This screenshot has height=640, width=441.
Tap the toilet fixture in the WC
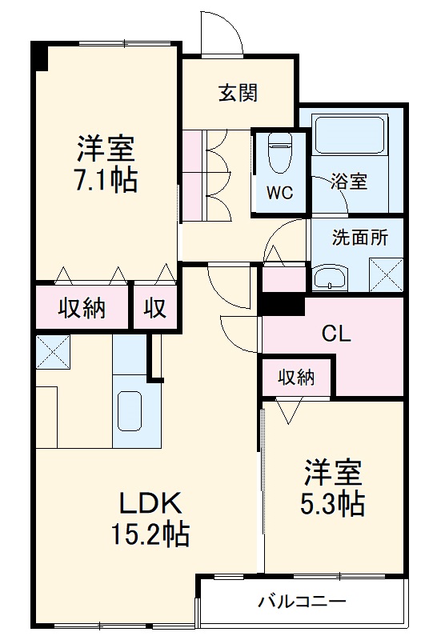pyautogui.click(x=279, y=151)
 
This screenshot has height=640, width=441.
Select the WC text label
pyautogui.click(x=279, y=193)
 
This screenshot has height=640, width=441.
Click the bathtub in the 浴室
pyautogui.click(x=349, y=135)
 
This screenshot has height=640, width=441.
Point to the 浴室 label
pyautogui.click(x=349, y=181)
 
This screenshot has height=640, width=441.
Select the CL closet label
pyautogui.click(x=335, y=334)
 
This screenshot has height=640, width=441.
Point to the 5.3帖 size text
pyautogui.click(x=333, y=503)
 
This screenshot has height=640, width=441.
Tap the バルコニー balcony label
pyautogui.click(x=302, y=602)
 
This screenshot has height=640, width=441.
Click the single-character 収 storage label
pyautogui.click(x=155, y=307)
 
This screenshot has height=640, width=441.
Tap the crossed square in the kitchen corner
pyautogui.click(x=53, y=351)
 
